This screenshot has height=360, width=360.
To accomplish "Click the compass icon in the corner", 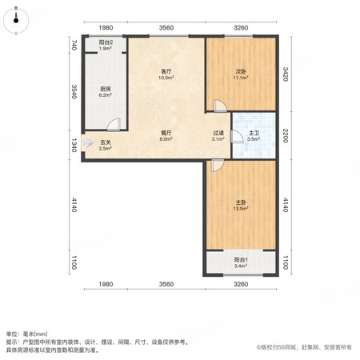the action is click(x=16, y=20).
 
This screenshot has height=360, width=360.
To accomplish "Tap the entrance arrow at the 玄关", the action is click(x=88, y=143).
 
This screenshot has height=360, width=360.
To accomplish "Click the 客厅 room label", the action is click(x=166, y=71).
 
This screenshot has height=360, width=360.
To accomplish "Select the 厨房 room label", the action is click(x=106, y=89).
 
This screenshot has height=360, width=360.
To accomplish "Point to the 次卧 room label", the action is click(x=241, y=71).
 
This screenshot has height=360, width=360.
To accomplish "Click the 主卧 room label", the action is click(x=241, y=202).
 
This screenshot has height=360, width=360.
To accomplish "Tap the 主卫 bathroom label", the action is click(x=254, y=133).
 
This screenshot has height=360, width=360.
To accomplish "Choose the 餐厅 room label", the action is click(x=166, y=133).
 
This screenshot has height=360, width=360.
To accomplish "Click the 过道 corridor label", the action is click(x=218, y=133).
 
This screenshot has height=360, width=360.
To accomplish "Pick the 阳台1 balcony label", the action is click(x=241, y=259).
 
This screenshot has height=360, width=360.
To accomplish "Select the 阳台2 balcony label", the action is click(x=106, y=42).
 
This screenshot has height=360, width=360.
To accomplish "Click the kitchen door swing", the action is click(x=114, y=125).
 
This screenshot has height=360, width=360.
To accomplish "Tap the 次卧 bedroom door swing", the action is click(x=220, y=106).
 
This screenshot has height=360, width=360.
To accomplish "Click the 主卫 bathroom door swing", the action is click(x=237, y=137).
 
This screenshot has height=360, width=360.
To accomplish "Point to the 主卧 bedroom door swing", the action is click(x=218, y=166).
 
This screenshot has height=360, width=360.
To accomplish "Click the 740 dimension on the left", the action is click(x=74, y=45).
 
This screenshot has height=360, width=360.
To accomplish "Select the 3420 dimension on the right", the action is click(x=286, y=74).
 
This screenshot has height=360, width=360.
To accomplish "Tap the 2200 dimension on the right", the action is click(x=286, y=136).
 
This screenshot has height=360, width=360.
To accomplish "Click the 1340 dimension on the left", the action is click(x=74, y=146).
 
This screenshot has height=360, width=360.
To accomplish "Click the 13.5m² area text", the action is click(x=241, y=209).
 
